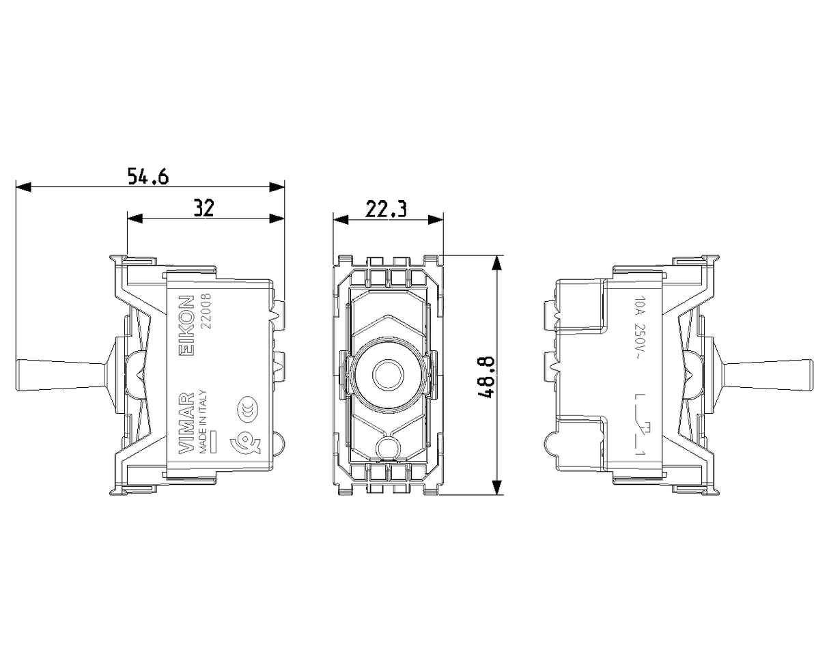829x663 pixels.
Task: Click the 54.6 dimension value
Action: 148,177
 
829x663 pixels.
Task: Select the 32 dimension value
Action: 203,208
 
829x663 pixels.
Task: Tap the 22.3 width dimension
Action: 386,209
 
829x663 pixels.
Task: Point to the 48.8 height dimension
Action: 486,377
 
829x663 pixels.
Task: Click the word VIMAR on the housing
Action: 188,422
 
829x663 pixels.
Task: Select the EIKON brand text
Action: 188,328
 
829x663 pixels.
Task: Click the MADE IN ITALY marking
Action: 203,421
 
